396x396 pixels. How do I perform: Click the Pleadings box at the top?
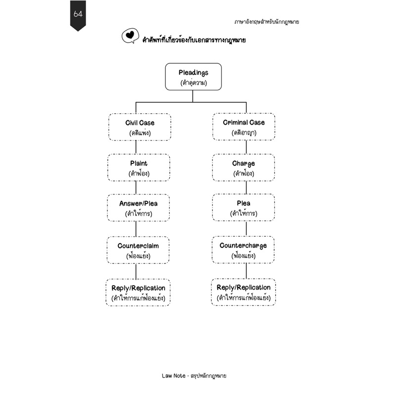[x=193, y=77]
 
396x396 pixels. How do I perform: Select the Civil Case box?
[x=140, y=127]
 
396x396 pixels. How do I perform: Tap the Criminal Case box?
[x=244, y=127]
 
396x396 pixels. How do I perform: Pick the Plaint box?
[x=139, y=167]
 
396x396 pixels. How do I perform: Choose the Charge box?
[x=244, y=167]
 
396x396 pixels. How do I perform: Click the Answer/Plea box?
[x=139, y=208]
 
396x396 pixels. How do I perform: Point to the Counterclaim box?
[x=138, y=250]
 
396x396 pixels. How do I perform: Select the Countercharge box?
[x=243, y=250]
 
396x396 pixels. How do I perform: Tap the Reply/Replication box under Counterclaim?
[x=138, y=293]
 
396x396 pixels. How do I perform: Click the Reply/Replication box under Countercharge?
[x=244, y=292]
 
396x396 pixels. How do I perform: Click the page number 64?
[x=78, y=14]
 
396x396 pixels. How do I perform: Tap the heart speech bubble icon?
[x=130, y=36]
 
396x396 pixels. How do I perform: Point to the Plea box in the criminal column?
[x=244, y=207]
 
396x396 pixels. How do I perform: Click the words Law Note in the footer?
[x=174, y=376]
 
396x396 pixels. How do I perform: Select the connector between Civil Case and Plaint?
[x=136, y=147]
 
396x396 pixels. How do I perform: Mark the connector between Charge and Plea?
[x=246, y=188]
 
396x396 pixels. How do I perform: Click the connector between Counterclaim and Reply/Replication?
[x=136, y=271]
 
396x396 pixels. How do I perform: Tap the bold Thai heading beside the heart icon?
[x=194, y=40]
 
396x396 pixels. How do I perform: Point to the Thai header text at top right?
[x=266, y=22]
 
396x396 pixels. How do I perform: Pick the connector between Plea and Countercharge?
[x=246, y=229]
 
